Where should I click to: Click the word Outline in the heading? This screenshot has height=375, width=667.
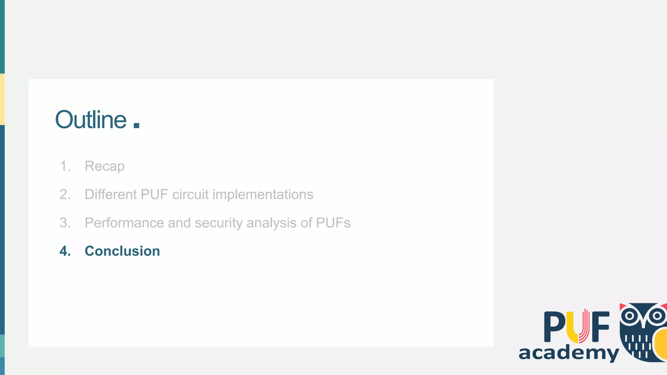pyautogui.click(x=91, y=120)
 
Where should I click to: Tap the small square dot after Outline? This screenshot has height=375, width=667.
pyautogui.click(x=136, y=125)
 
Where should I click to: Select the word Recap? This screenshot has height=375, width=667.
pyautogui.click(x=105, y=166)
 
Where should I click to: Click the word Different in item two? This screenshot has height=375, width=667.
pyautogui.click(x=111, y=195)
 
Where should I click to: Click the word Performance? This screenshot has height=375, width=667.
pyautogui.click(x=124, y=223)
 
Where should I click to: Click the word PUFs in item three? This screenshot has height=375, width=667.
pyautogui.click(x=333, y=223)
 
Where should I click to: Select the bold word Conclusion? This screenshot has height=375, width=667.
pyautogui.click(x=122, y=251)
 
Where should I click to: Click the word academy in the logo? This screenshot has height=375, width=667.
pyautogui.click(x=568, y=353)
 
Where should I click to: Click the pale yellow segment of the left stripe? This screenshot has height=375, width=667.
pyautogui.click(x=2, y=99)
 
